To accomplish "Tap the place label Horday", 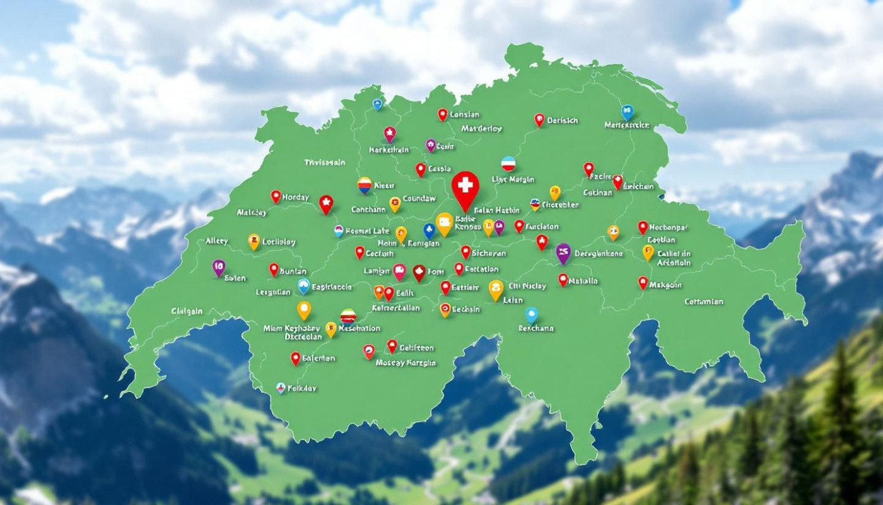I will point(296,198).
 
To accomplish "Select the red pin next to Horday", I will point(276,196).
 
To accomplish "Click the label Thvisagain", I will point(325,162).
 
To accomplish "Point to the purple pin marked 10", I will point(218,267).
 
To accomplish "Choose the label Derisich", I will point(563,120).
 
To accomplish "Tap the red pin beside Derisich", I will point(539,119).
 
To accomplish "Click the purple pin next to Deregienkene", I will point(563,252).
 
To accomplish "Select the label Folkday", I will point(302,388).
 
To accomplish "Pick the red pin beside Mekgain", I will point(643,282).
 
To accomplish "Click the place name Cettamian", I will point(704,302).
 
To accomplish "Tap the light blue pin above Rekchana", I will point(532,314).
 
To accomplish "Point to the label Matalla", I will point(583,281).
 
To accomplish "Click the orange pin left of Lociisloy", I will point(254,241).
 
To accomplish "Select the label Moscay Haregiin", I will point(406,363).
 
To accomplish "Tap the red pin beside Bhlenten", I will point(295,358).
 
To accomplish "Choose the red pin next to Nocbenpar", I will point(643,227).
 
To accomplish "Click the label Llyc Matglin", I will point(513,180).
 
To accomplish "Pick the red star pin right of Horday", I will point(325,203).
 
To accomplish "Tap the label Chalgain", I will point(187,311).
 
